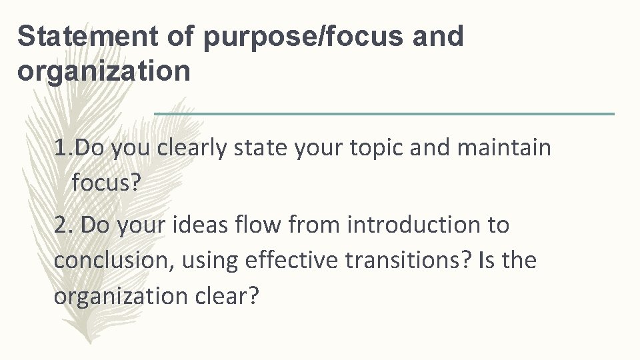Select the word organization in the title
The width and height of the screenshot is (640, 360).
[103, 71]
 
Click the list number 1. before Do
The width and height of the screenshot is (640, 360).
[65, 147]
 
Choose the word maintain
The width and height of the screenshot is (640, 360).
[505, 147]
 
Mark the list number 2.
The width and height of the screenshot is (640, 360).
[64, 225]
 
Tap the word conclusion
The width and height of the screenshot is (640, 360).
[111, 260]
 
